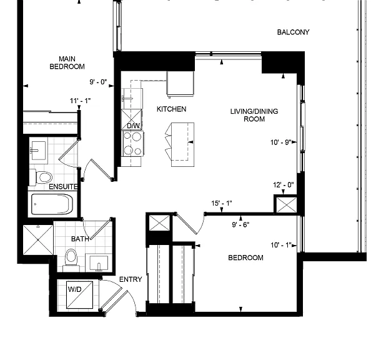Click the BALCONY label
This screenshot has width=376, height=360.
pyautogui.click(x=293, y=32)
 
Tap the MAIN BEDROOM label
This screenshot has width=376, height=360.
pyautogui.click(x=67, y=62)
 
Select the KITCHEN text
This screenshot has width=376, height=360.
pyautogui.click(x=172, y=109)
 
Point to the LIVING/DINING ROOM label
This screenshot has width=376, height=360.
pyautogui.click(x=254, y=115)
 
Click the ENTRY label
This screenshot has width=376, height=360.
pyautogui.click(x=131, y=279)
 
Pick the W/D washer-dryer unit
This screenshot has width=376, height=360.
pyautogui.click(x=79, y=295)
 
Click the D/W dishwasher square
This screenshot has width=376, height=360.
pyautogui.click(x=131, y=119)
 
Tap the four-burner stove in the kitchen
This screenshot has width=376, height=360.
pyautogui.click(x=133, y=144)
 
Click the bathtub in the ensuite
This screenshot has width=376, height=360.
pyautogui.click(x=52, y=204)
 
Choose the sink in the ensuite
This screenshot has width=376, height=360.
pyautogui.click(x=38, y=151)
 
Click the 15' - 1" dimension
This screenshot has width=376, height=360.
pyautogui.click(x=222, y=203)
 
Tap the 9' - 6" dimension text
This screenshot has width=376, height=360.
pyautogui.click(x=240, y=224)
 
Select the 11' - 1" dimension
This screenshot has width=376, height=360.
pyautogui.click(x=81, y=101)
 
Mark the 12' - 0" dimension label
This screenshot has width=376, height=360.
pyautogui.click(x=284, y=185)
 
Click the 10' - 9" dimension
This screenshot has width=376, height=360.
pyautogui.click(x=281, y=142)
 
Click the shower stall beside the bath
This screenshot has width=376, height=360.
pyautogui.click(x=38, y=240)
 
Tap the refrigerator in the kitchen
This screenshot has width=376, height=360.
pyautogui.click(x=180, y=84)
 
